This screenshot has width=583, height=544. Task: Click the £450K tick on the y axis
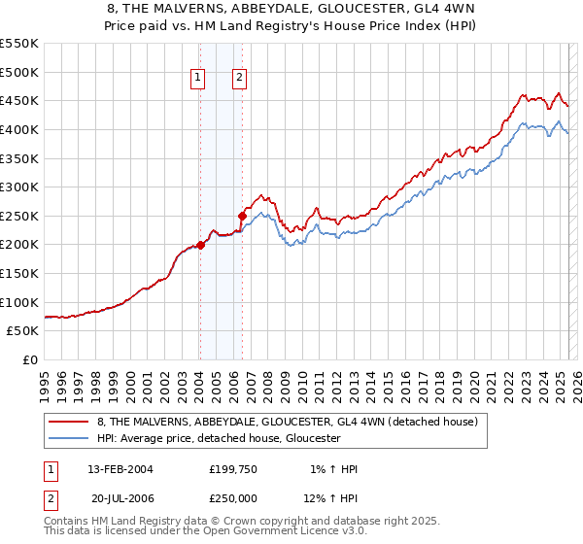(x=19, y=100)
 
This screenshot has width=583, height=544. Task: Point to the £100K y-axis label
(x=19, y=302)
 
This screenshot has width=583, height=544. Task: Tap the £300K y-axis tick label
(x=19, y=187)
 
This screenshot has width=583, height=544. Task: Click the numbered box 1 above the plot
(x=198, y=80)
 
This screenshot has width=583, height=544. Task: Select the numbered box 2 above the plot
(x=239, y=80)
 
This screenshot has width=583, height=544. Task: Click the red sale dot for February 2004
(x=200, y=245)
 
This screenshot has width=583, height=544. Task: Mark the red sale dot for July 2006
(x=242, y=216)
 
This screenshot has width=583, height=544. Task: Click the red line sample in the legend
(x=68, y=423)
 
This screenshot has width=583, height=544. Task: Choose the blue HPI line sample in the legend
(x=68, y=439)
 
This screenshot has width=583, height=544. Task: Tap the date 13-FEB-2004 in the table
(x=120, y=469)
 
